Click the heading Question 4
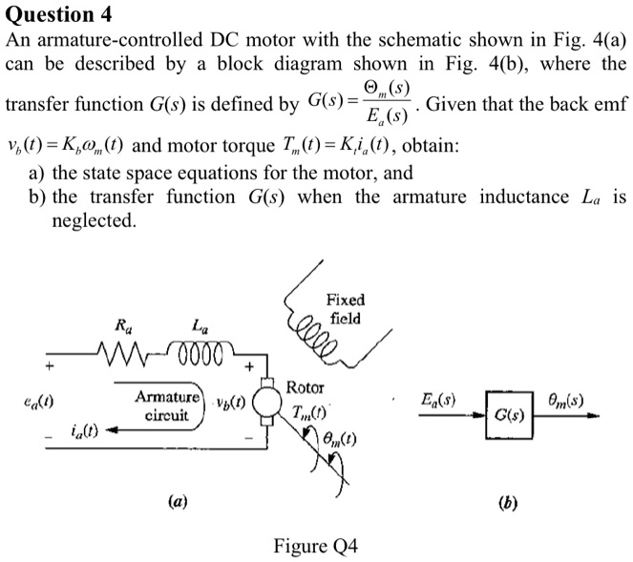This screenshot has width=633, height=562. tap(59, 13)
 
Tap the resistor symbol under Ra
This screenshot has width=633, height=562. tap(125, 358)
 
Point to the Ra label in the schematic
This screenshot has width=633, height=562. tap(123, 326)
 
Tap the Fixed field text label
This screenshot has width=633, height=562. tap(345, 308)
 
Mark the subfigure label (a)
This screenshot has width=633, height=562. tap(178, 501)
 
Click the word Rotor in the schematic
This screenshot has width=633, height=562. tap(305, 388)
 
